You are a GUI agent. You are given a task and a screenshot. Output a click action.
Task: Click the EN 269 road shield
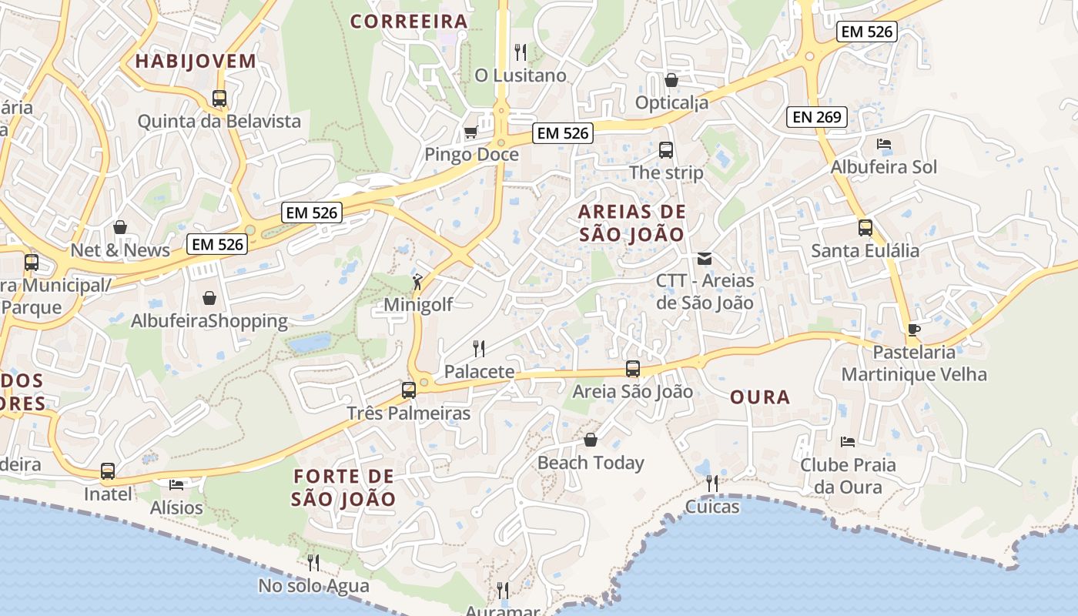point(817,117)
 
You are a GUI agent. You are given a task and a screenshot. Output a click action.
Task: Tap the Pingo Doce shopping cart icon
point(470,132)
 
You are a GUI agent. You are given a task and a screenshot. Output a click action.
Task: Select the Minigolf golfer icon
point(417,282)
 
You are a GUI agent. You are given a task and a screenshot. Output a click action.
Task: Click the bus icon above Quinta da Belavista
point(219,99)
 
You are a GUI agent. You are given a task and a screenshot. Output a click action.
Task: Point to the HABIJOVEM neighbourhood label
point(196,62)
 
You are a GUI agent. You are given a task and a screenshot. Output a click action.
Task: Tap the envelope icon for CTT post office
point(705,259)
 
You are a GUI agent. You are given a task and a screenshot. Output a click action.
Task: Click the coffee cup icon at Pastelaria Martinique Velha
point(914,330)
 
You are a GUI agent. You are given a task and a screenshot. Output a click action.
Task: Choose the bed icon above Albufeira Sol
point(884,144)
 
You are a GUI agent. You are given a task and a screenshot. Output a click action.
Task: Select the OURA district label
point(759,397)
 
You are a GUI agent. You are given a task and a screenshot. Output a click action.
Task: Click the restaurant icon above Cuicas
point(712,484)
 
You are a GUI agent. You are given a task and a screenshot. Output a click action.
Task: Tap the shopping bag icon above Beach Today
point(591,440)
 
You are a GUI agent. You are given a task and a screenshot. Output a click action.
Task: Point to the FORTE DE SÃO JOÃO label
point(343,487)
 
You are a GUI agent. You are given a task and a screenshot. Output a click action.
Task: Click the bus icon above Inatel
point(108,470)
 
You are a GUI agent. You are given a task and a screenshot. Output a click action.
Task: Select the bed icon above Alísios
point(176,484)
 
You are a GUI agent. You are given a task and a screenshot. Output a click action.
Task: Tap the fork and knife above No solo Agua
point(313,563)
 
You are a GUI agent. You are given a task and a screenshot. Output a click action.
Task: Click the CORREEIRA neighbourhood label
point(409,22)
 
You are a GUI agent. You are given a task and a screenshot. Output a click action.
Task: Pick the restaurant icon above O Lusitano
point(521,52)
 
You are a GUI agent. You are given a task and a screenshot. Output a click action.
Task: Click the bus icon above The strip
point(666,150)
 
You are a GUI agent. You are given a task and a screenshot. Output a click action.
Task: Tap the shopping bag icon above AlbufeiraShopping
point(209,298)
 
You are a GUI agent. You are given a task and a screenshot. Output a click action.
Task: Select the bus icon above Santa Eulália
point(865,228)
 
